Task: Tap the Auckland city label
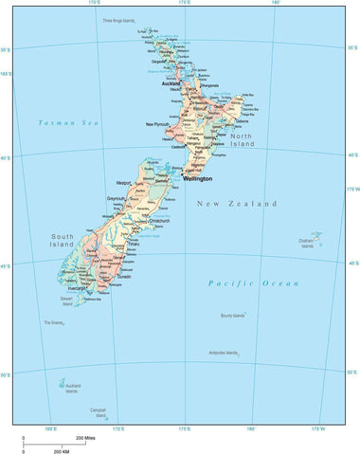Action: click(x=171, y=82)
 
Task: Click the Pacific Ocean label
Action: click(x=253, y=282)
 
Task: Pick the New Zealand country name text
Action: click(x=237, y=203)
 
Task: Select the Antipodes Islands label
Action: click(x=224, y=353)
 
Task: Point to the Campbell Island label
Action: click(x=99, y=412)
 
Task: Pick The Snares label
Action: click(x=53, y=323)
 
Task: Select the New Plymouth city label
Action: click(x=158, y=124)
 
